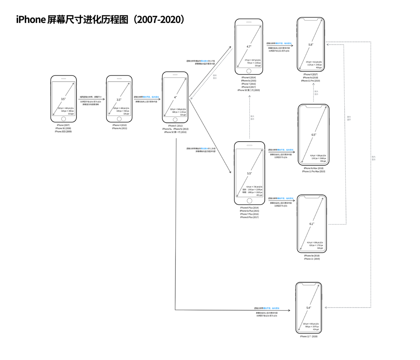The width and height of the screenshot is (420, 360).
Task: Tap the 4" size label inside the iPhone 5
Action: point(175,97)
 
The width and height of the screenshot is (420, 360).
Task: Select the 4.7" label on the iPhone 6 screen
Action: point(249,46)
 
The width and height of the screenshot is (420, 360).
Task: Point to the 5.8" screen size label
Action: point(310,44)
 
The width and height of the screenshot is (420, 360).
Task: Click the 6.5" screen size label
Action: point(313,134)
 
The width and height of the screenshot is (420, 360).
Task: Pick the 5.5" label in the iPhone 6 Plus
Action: point(249,173)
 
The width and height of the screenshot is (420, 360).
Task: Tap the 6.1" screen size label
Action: point(312,224)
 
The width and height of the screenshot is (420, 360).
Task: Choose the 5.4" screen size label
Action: point(309,308)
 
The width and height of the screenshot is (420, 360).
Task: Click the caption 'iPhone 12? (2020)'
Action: point(309,336)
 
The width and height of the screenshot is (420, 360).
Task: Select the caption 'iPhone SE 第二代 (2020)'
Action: point(249,90)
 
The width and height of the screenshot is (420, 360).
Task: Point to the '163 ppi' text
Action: point(70,114)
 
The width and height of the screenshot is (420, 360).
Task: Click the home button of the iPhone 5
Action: point(175,119)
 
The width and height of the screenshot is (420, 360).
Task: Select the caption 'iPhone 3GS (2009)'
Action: point(63,131)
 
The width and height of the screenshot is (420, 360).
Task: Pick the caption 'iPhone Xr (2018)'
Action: point(312,255)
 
